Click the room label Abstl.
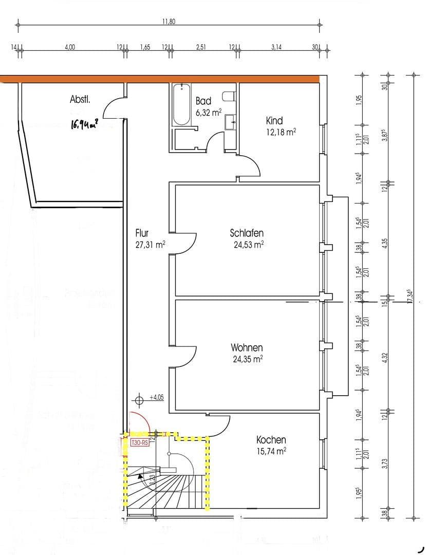[80, 100]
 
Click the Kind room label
[274, 121]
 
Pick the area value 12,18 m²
[281, 132]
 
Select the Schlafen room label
[247, 233]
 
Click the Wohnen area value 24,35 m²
[248, 359]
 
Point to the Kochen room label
[271, 440]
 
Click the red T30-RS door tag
[140, 442]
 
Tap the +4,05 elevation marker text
[157, 397]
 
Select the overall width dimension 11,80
[169, 22]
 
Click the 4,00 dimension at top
[70, 47]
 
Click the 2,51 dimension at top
[201, 47]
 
